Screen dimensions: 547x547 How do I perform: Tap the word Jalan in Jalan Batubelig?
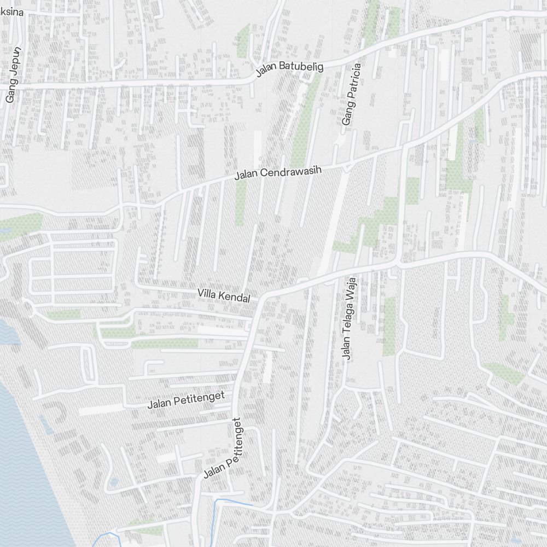267,71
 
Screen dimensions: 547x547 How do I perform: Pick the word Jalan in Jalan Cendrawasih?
246,176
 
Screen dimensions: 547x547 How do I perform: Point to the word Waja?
350,287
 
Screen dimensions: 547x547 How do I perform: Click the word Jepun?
15,66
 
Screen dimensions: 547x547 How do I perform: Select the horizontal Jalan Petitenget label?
186,400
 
